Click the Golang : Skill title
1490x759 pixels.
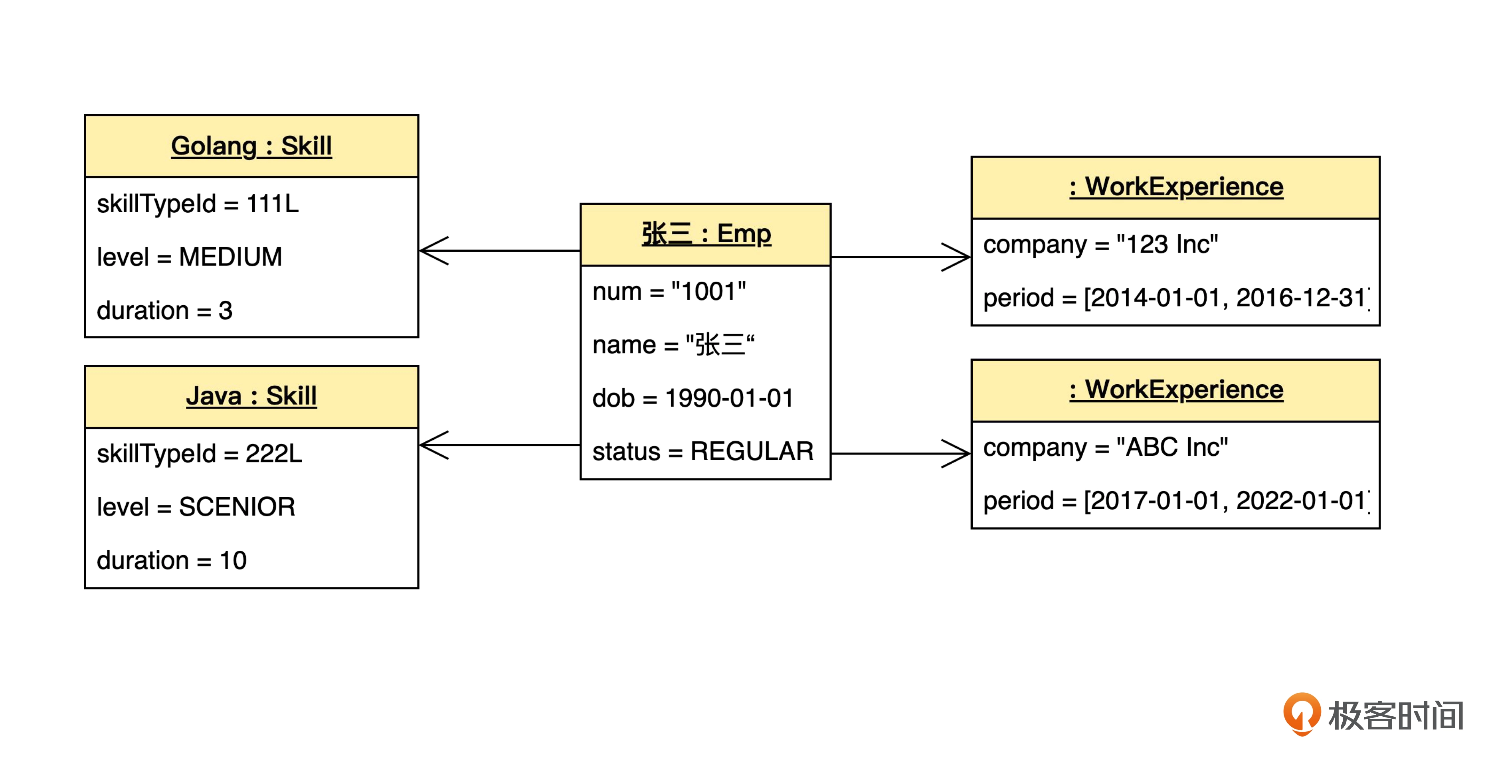tap(251, 146)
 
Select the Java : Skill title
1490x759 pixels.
tap(251, 396)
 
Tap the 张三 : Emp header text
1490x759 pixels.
tap(706, 234)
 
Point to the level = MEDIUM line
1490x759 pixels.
tap(190, 257)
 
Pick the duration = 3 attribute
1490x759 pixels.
tap(165, 310)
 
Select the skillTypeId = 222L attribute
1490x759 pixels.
tap(200, 454)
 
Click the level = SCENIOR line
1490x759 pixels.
tap(196, 507)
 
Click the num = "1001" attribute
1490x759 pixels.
tap(669, 292)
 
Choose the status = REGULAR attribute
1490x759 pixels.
tap(703, 452)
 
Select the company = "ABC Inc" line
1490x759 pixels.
tap(1105, 448)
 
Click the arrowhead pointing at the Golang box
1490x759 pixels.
tap(434, 251)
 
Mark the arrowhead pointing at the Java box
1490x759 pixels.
tap(434, 445)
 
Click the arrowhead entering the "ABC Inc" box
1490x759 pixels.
tap(956, 454)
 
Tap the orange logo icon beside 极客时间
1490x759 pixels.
tap(1302, 714)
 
